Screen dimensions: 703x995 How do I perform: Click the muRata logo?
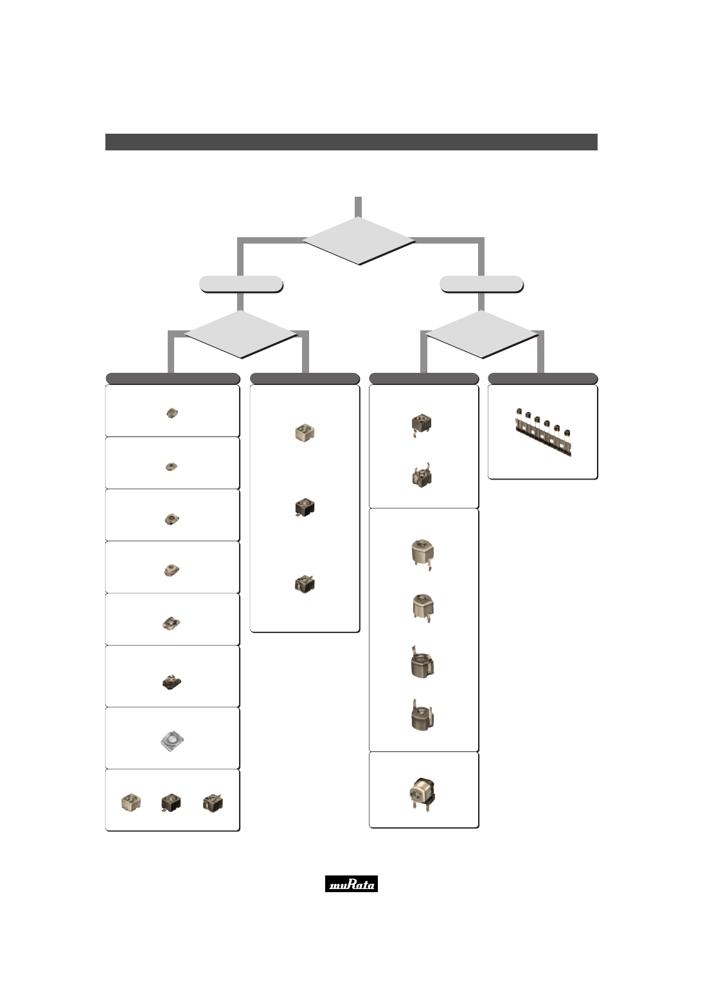coord(351,884)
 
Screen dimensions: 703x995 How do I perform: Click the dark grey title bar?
coord(351,142)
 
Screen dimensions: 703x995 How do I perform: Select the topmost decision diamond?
coord(359,241)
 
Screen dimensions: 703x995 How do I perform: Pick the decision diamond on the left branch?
coord(241,334)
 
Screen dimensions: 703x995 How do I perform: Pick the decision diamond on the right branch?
coord(482,334)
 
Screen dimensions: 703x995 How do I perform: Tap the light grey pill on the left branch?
coord(241,284)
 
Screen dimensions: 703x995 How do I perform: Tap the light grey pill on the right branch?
coord(482,284)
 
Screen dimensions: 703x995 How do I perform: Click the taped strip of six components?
coord(543,432)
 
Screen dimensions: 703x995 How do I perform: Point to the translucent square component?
coord(172,741)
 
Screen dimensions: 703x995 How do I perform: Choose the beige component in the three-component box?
coord(131,802)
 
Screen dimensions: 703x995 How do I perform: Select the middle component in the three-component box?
coord(171,803)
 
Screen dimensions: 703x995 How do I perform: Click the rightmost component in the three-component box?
coord(213,803)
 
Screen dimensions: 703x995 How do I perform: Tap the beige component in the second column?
coord(305,433)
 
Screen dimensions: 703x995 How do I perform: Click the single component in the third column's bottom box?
coord(422,794)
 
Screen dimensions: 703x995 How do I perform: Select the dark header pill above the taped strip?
coord(543,379)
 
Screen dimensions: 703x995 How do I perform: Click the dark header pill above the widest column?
coord(173,379)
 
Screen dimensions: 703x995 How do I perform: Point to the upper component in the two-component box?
coord(422,426)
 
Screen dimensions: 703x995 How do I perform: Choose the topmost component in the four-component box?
coord(423,554)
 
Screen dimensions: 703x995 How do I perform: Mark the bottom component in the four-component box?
coord(423,715)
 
